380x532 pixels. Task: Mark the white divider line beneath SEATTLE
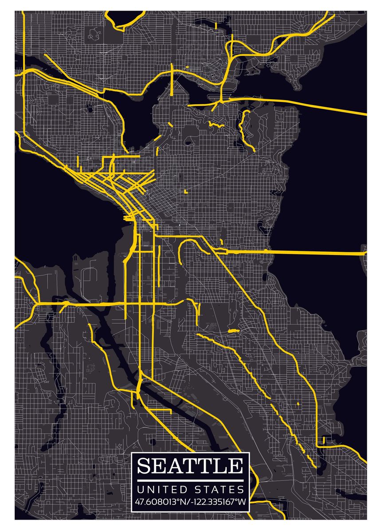[190, 481]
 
